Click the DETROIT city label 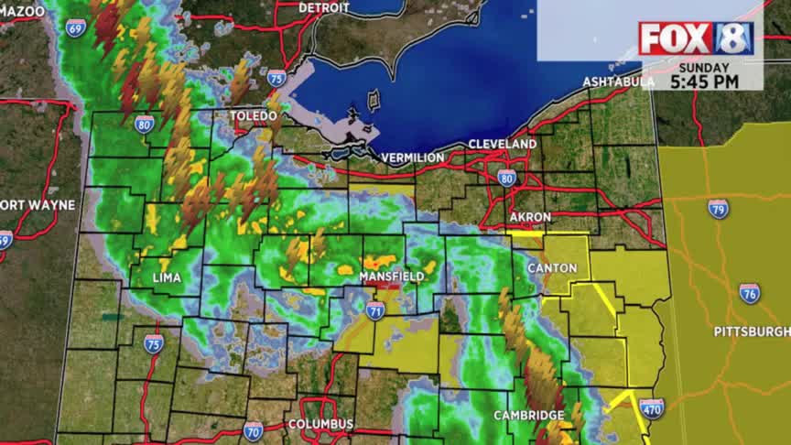pos(324,7)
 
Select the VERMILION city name pos(413,157)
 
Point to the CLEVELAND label pos(502,145)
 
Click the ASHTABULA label pos(619,82)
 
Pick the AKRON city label pos(530,217)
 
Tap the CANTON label pos(552,268)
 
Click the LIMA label pos(167,277)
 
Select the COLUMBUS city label pos(320,425)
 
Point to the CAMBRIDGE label pos(528,416)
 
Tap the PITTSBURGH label pos(752,331)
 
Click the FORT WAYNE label pos(38,204)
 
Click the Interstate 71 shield pos(375,310)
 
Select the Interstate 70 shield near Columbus pos(253,429)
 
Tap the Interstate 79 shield pos(719,208)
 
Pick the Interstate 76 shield pos(749,293)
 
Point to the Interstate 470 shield pos(651,408)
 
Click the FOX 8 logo pos(696,38)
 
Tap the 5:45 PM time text pos(702,81)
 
